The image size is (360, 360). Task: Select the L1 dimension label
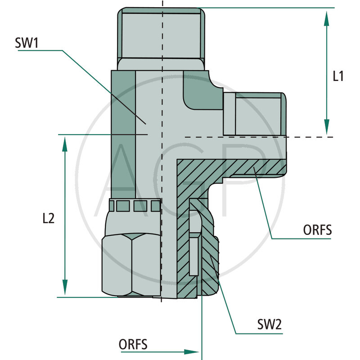338,76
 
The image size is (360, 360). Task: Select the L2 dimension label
48,219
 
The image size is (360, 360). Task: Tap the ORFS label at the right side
317,230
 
